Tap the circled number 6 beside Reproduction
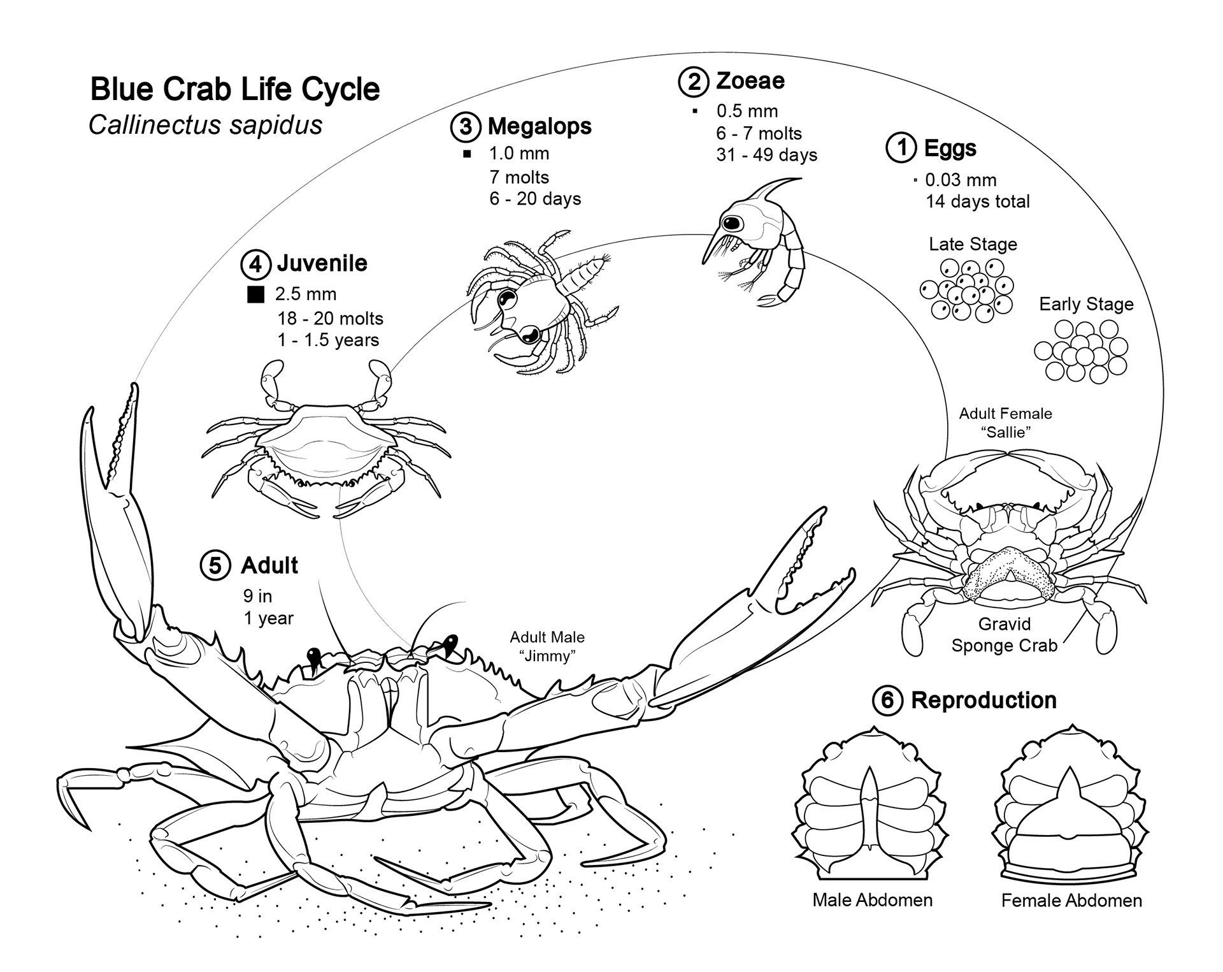887,700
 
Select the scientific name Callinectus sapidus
205,125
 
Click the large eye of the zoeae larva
733,223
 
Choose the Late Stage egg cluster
967,290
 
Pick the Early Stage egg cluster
1081,352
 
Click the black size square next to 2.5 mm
255,294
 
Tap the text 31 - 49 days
766,155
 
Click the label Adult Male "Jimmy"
547,646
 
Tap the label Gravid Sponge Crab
1005,634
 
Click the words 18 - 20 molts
330,318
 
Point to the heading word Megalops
540,126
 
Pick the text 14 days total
977,201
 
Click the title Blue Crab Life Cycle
235,89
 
